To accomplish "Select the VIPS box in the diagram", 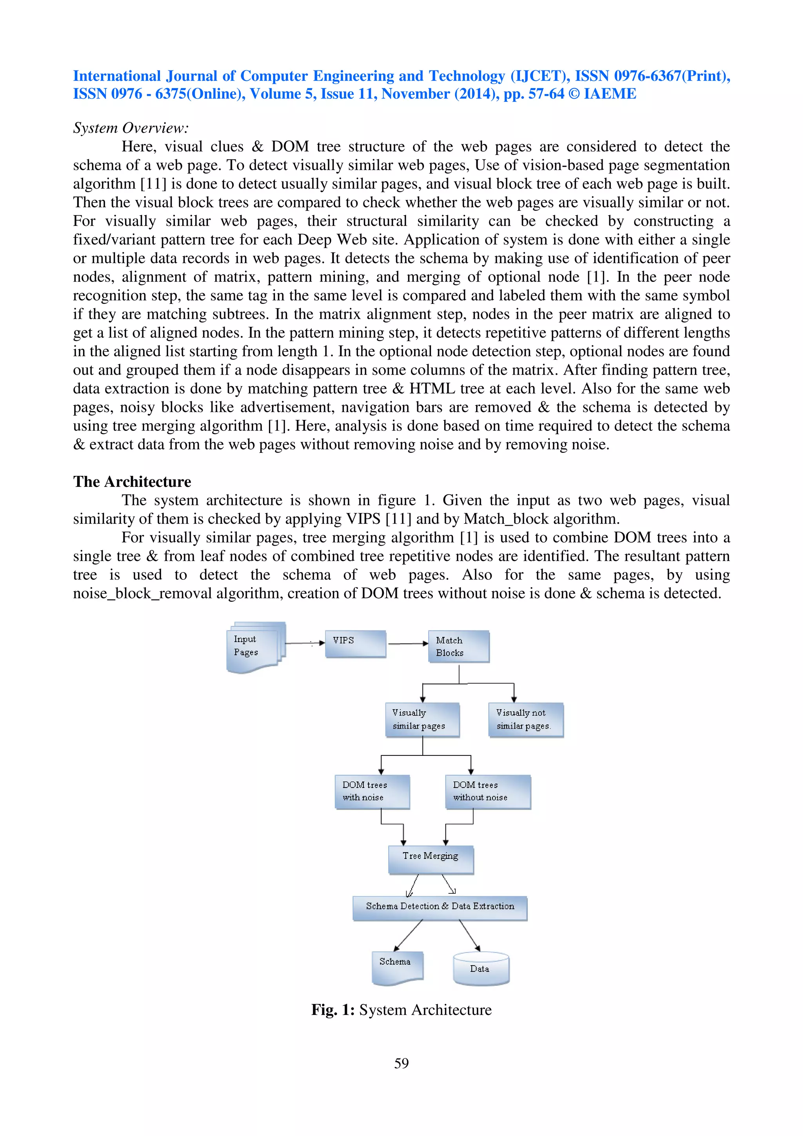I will click(x=355, y=643).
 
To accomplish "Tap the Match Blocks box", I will click(x=458, y=646).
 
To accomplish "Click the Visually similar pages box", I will click(x=422, y=719).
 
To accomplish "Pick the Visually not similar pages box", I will click(x=525, y=719).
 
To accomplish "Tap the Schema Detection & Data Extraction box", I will click(x=440, y=907).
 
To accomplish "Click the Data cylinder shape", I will click(x=480, y=968).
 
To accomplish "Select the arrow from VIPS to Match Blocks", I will click(x=408, y=644).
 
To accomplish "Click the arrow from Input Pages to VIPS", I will click(x=304, y=643).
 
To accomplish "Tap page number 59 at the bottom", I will click(x=401, y=1063).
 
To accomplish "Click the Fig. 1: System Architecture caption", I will click(x=401, y=1009).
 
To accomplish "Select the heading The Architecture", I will click(x=132, y=481).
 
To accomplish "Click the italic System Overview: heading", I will click(x=131, y=128).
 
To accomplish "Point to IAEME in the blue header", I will click(x=610, y=94).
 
